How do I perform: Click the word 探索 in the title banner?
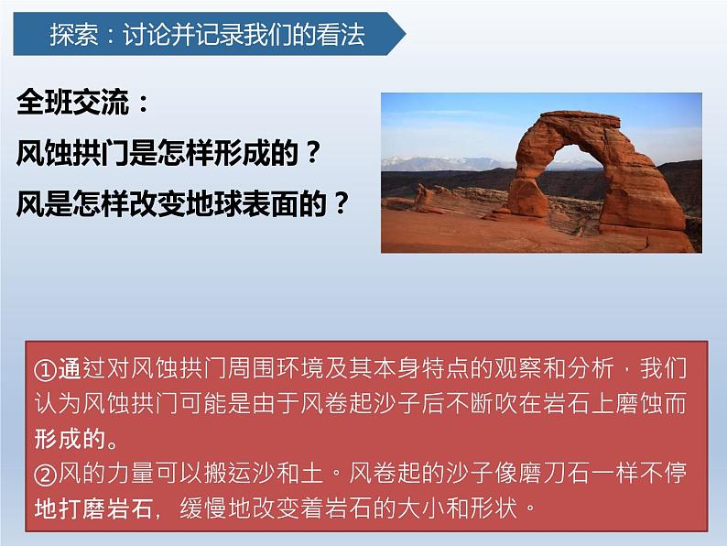click(x=72, y=36)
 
